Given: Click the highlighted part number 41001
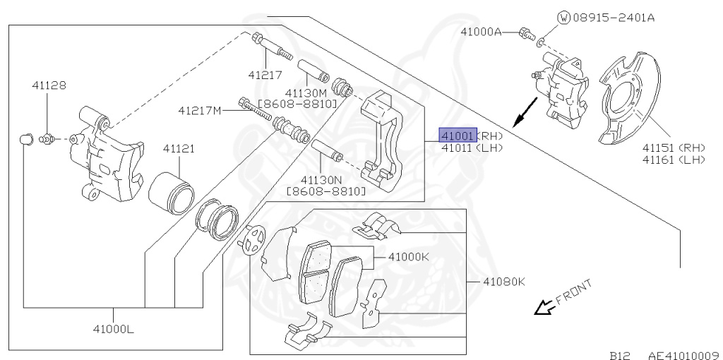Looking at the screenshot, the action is coord(458,136).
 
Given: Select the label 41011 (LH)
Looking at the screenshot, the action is coord(472,148).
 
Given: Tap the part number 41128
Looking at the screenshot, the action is coord(49,85).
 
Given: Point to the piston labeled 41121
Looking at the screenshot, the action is coord(170,194).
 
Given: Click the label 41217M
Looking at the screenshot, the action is coord(200,111).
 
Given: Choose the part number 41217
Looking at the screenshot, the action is coord(265,74).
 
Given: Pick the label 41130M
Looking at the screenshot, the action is coord(306,93).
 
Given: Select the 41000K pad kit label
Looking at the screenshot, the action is coord(409,257).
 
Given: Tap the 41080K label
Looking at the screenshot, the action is coord(504,282).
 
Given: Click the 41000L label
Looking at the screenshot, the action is coord(114,329).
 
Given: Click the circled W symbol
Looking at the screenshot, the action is coord(563,18).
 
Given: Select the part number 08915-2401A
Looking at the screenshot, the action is coord(614,18).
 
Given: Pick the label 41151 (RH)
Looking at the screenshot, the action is coord(674,148).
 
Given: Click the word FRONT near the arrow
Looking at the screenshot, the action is coord(574,293).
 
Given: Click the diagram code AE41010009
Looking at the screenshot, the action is coord(685,355).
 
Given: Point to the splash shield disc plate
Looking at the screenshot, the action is coord(630,97).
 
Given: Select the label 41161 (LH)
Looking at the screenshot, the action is coord(674,160).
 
